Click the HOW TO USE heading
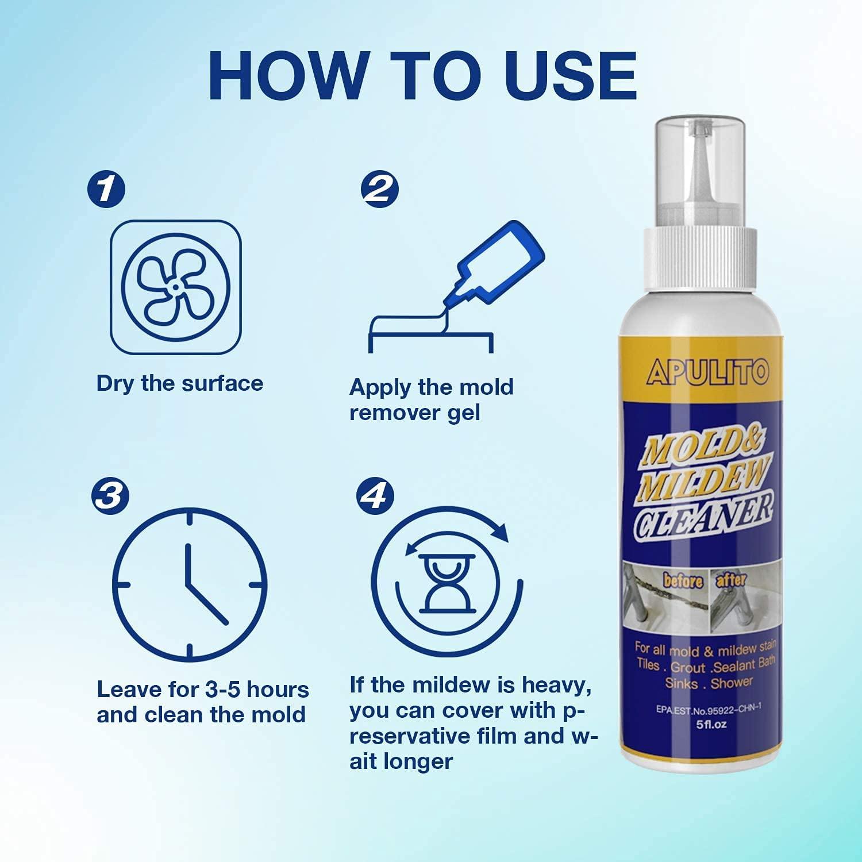pyautogui.click(x=422, y=76)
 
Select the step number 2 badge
pyautogui.click(x=379, y=188)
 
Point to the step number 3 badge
pyautogui.click(x=110, y=495)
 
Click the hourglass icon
pyautogui.click(x=448, y=583)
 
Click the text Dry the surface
pyautogui.click(x=179, y=383)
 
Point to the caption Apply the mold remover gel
pyautogui.click(x=431, y=399)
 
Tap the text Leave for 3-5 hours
pyautogui.click(x=202, y=689)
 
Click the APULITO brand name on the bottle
pyautogui.click(x=707, y=373)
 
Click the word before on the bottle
pyautogui.click(x=683, y=580)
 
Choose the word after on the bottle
pyautogui.click(x=730, y=579)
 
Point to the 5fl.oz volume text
pyautogui.click(x=711, y=724)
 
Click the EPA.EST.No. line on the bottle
pyautogui.click(x=708, y=709)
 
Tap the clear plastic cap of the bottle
pyautogui.click(x=702, y=172)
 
